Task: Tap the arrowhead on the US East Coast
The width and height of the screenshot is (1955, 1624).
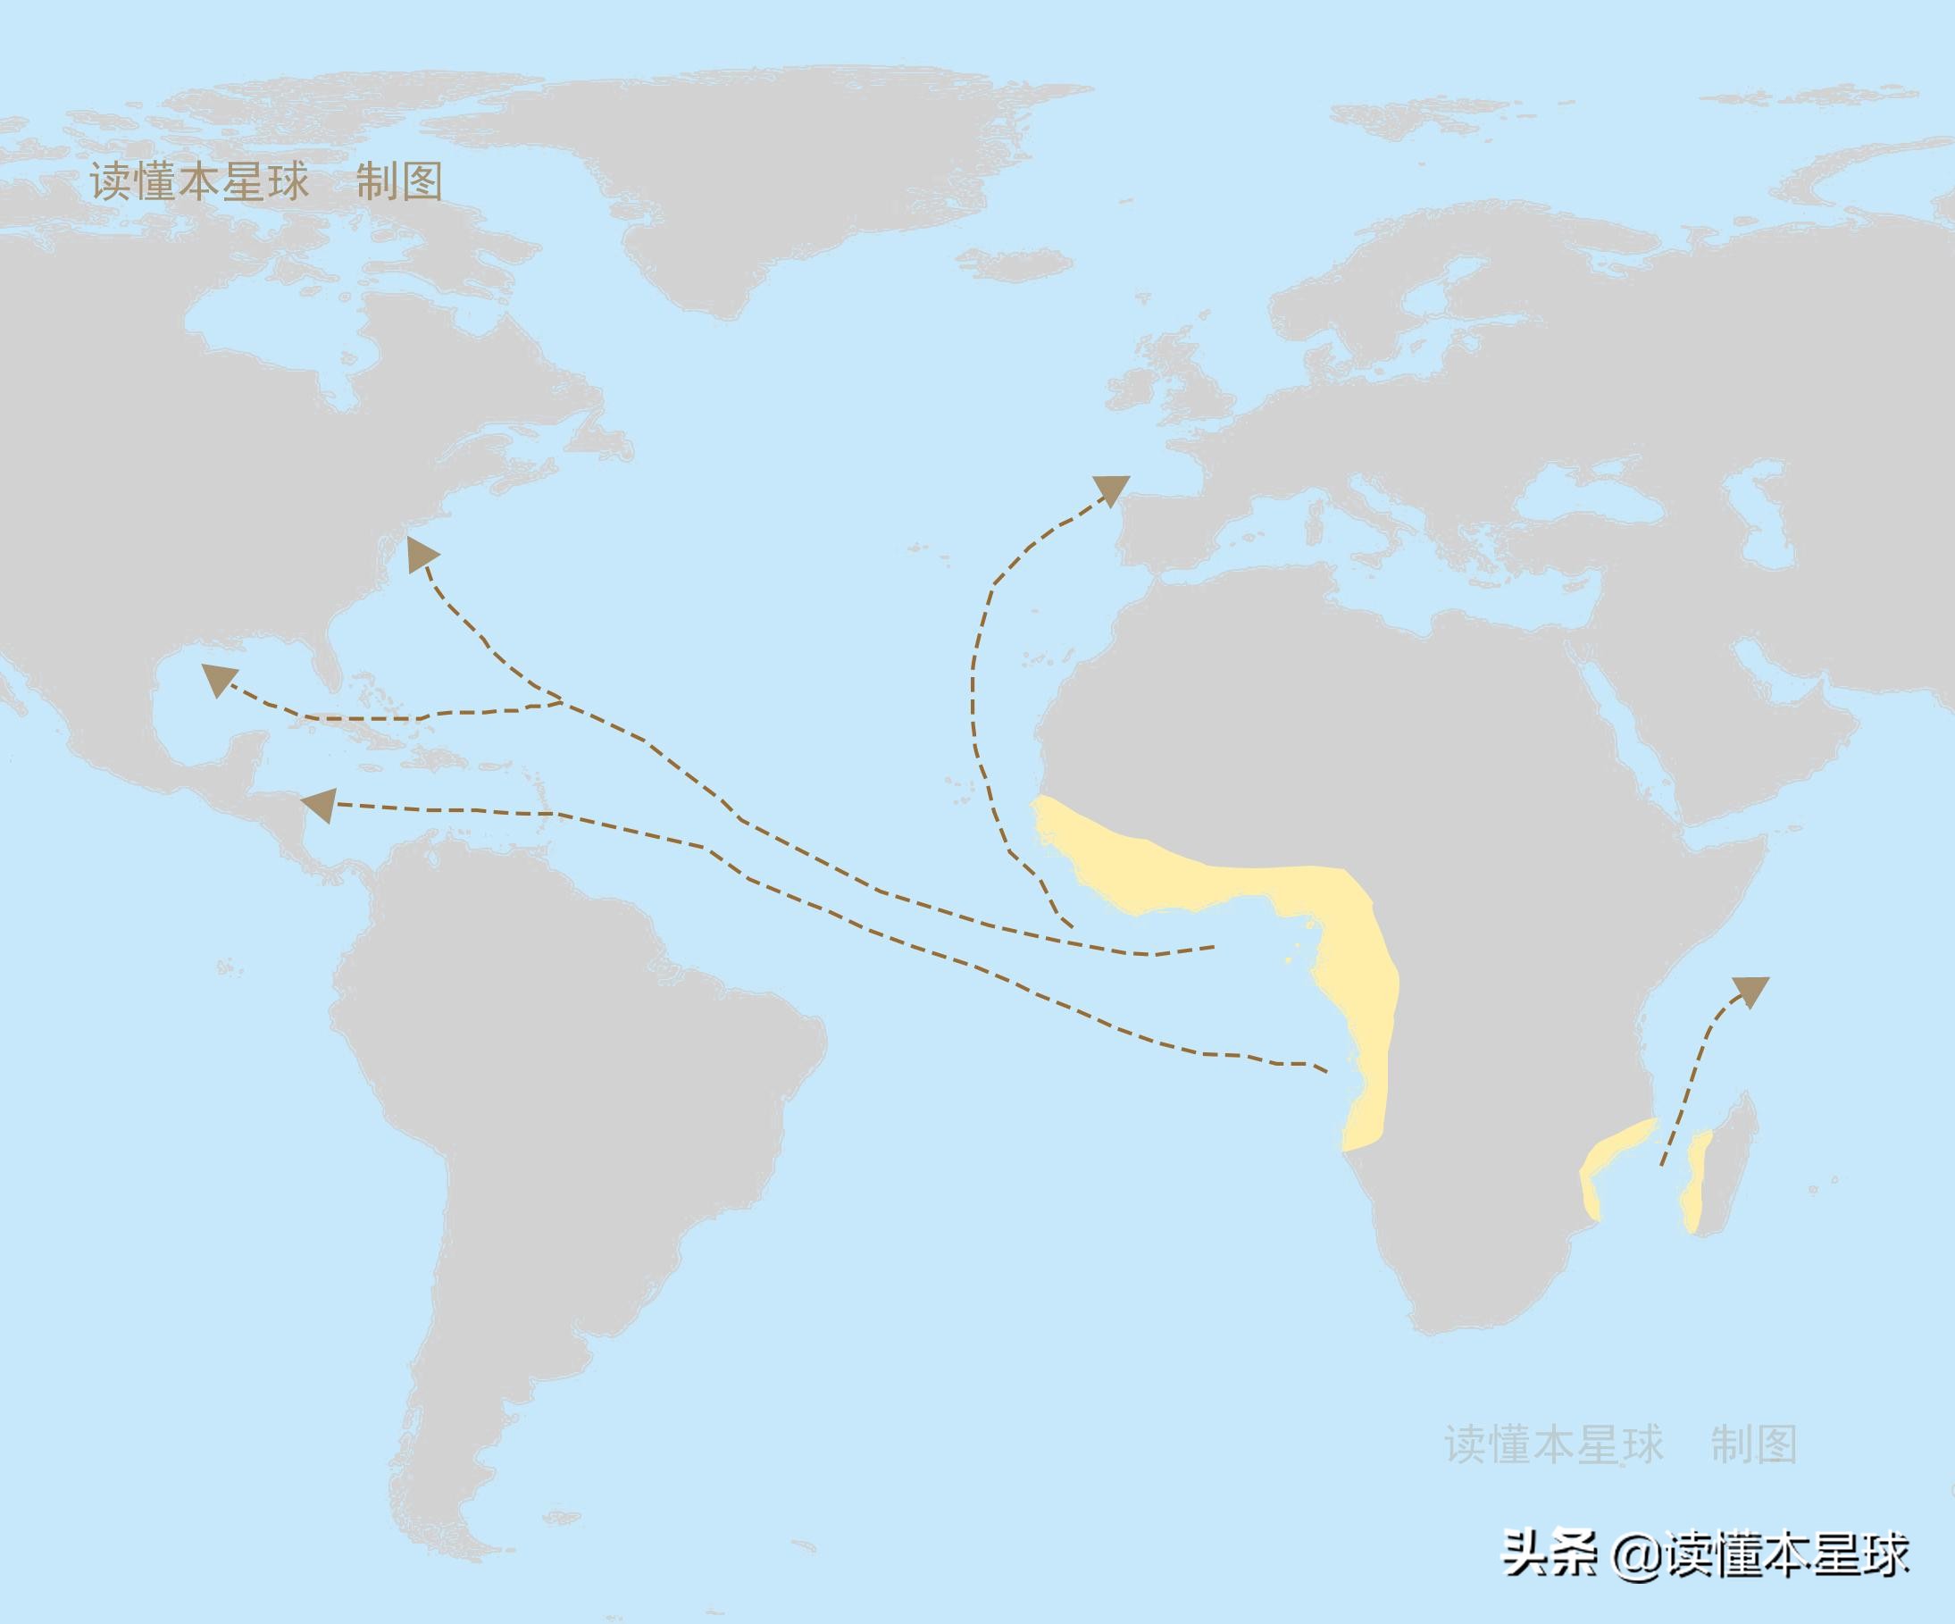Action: pos(422,554)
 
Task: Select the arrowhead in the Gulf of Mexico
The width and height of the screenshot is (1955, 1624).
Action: pos(219,679)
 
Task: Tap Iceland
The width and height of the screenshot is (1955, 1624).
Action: pos(1015,264)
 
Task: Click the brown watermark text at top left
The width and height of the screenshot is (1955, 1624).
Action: pos(266,181)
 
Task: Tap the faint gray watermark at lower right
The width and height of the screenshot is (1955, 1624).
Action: pos(1620,1444)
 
